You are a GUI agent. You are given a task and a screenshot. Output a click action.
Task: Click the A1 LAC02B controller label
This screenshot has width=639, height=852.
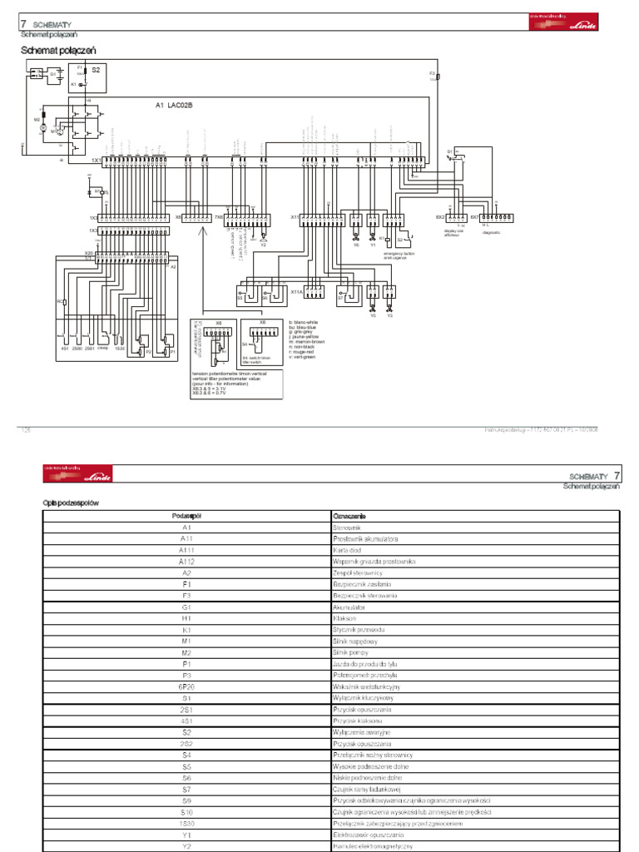(x=174, y=106)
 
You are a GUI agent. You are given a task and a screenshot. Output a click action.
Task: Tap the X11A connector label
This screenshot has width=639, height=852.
(x=295, y=292)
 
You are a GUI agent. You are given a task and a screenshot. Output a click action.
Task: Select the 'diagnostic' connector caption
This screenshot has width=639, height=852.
(x=491, y=233)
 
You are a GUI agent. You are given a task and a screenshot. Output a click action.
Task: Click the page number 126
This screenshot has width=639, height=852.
(x=25, y=429)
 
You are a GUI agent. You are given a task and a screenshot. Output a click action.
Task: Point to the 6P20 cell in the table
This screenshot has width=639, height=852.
(x=186, y=686)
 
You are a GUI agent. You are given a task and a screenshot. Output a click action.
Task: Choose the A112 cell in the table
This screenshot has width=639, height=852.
(x=186, y=562)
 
